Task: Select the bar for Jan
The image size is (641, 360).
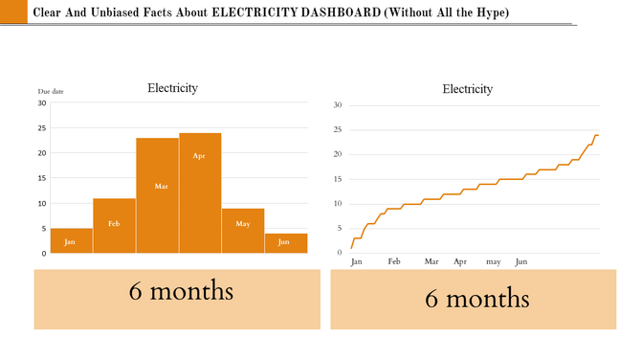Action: pyautogui.click(x=71, y=240)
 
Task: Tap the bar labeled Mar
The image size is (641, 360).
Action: pyautogui.click(x=157, y=195)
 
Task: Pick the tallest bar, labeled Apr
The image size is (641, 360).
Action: pyautogui.click(x=200, y=192)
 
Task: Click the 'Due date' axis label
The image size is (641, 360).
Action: pyautogui.click(x=50, y=91)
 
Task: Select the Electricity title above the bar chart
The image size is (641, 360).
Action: pyautogui.click(x=172, y=88)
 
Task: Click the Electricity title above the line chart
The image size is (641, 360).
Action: pyautogui.click(x=467, y=89)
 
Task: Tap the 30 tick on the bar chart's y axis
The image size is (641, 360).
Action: pyautogui.click(x=42, y=103)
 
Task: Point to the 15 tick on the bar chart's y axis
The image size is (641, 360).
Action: pyautogui.click(x=42, y=178)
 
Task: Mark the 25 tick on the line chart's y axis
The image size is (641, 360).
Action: pyautogui.click(x=338, y=129)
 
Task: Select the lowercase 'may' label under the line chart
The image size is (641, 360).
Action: pyautogui.click(x=493, y=261)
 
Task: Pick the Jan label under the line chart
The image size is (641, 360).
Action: pyautogui.click(x=357, y=261)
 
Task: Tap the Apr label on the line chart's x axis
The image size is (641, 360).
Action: pyautogui.click(x=460, y=261)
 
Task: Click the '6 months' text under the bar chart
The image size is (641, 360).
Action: pyautogui.click(x=181, y=291)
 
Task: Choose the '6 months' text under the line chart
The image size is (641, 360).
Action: pyautogui.click(x=476, y=299)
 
